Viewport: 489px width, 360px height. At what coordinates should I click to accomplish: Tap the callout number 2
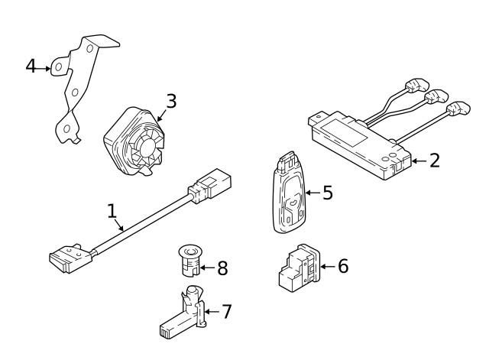coord(434,161)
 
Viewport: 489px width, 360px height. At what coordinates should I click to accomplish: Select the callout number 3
coord(171,101)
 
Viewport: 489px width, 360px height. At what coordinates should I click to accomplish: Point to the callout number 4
coord(31,66)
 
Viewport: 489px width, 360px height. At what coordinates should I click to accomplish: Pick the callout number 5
coord(327,192)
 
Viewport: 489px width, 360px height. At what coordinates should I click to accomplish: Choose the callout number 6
coord(342,266)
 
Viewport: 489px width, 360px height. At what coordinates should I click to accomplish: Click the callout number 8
coord(222,268)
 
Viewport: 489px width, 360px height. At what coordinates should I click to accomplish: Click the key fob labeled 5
coord(288,195)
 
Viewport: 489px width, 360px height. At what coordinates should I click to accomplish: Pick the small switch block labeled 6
coord(297,268)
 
